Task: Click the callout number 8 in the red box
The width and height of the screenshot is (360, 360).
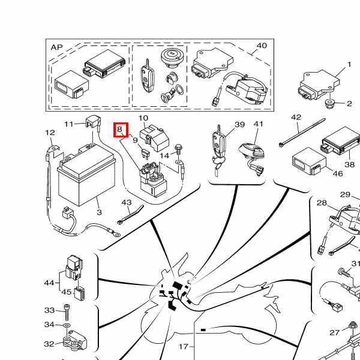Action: point(119,129)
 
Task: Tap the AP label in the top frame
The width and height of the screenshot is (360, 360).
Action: point(57,47)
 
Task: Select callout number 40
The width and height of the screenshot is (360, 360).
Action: point(262,46)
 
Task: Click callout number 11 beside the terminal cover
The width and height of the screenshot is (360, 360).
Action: point(69,124)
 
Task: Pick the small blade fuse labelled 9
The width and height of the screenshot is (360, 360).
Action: point(145,154)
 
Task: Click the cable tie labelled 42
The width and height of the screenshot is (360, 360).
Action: point(302,133)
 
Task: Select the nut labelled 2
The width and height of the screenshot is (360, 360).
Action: point(330,104)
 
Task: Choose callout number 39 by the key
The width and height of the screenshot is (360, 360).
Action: point(239,124)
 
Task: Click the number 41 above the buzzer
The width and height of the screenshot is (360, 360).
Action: point(259,124)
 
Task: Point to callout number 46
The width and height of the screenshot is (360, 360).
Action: point(338,173)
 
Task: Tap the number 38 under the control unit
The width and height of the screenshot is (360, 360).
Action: point(349,164)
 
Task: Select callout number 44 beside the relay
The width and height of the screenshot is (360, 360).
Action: point(49,283)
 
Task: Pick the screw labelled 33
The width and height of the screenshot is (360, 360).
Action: point(67,312)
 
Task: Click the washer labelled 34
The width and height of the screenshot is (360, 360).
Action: point(67,325)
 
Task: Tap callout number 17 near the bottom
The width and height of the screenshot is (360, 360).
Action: point(184,346)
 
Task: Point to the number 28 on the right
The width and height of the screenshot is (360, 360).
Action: point(322,203)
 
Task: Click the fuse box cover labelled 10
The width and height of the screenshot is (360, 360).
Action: point(154,138)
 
